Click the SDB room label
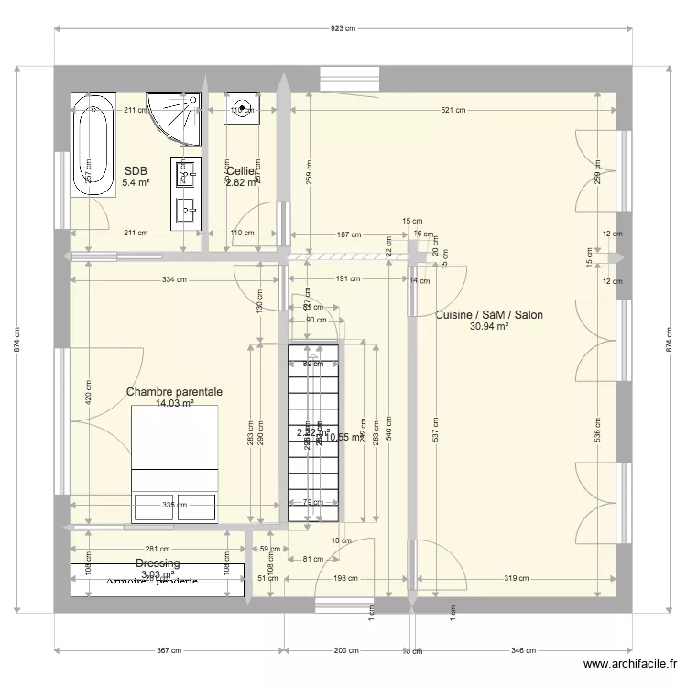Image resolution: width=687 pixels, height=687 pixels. pos(136,170)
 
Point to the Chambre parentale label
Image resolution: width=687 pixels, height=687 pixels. pos(174,391)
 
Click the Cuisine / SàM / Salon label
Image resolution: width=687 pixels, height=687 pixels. pos(489,314)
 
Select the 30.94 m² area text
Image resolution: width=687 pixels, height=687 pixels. pos(489,326)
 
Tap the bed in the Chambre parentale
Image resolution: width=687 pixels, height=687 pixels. pos(175,463)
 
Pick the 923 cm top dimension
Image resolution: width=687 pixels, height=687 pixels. pos(343,29)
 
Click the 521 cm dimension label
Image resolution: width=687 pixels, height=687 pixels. pos(453,110)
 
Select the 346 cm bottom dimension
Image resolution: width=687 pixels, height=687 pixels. pos(522,650)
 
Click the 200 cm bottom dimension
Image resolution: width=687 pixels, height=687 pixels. pos(345,650)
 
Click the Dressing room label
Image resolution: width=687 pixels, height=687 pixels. pos(158,563)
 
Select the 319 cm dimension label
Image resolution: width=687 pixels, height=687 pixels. pos(517,578)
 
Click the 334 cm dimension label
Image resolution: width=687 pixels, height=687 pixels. pos(174,280)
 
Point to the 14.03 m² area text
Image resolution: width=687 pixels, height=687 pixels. pos(174,403)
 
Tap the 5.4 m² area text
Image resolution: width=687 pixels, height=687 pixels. pos(136,182)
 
